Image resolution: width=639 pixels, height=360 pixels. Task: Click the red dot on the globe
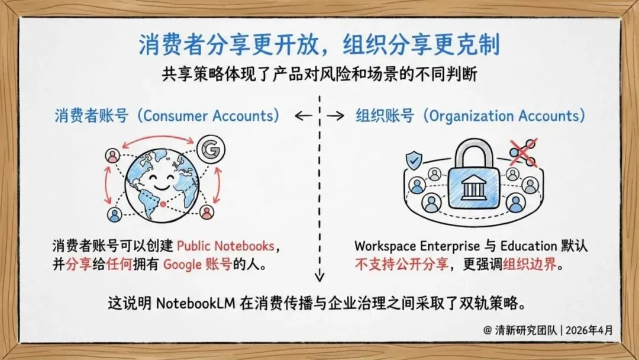click(x=163, y=204)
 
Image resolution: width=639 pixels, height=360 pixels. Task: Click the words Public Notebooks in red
click(x=225, y=246)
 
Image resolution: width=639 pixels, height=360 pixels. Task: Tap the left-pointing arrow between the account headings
click(x=303, y=116)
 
